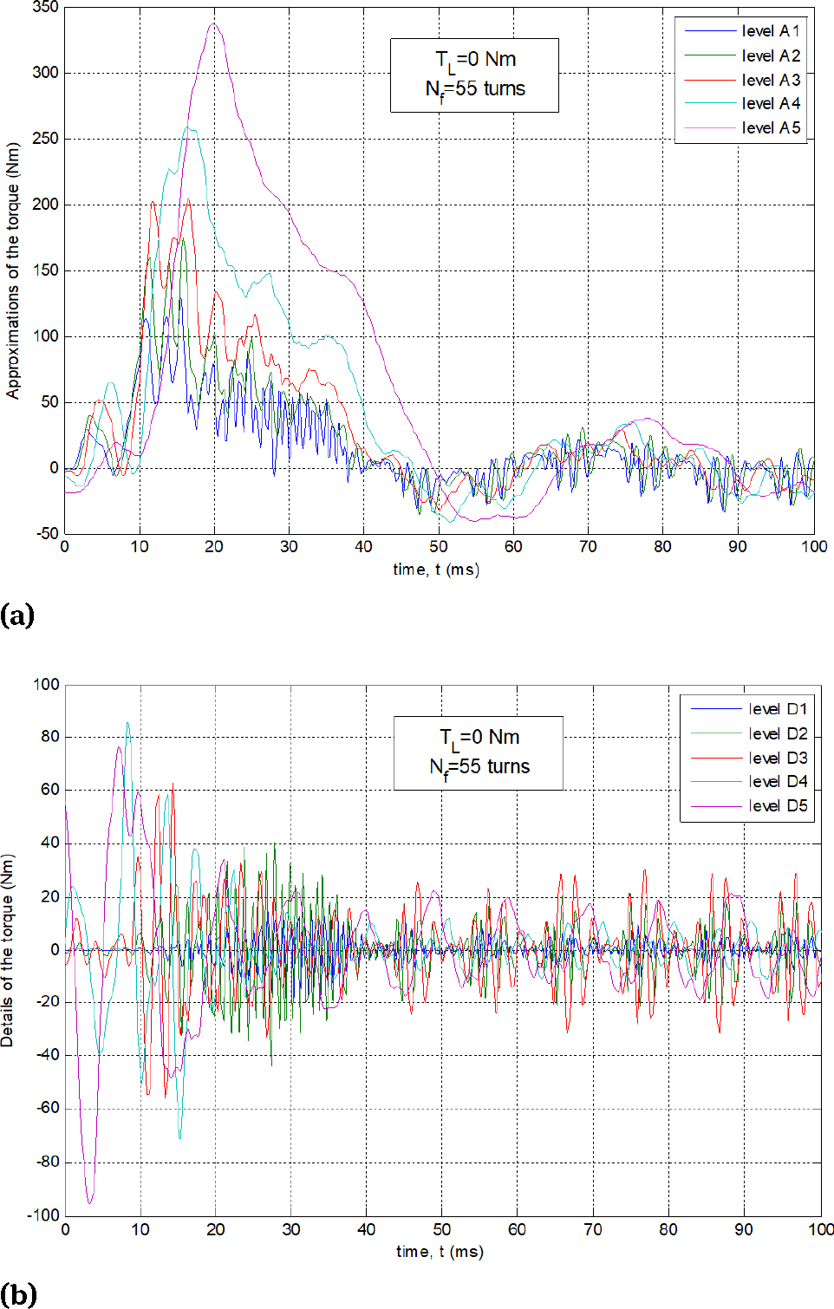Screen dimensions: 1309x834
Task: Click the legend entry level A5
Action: tap(771, 127)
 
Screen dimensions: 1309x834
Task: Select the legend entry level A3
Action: tap(771, 80)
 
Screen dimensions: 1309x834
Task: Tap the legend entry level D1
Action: tap(778, 709)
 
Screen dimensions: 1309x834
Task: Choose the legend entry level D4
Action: tap(778, 781)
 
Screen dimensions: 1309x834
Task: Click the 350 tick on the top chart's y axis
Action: tap(45, 8)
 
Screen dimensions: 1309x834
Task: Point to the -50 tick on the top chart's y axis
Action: tap(48, 533)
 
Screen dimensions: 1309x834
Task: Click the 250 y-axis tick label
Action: tap(45, 139)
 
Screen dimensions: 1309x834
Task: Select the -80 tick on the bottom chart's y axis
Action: tap(47, 1162)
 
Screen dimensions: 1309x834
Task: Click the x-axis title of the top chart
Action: tap(436, 570)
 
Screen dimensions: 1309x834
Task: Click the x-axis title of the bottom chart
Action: tap(440, 1252)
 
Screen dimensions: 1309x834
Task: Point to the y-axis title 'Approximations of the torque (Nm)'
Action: tap(12, 270)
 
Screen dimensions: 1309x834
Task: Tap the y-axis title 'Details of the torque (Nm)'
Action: tap(8, 950)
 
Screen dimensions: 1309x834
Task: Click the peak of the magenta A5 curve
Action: tap(214, 23)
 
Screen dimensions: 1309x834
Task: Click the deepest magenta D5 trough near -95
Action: tap(89, 1202)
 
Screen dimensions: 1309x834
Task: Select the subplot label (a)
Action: tap(17, 615)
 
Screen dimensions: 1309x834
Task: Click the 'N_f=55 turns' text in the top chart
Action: tap(475, 89)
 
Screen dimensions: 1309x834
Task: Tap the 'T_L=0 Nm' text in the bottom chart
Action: tap(479, 738)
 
